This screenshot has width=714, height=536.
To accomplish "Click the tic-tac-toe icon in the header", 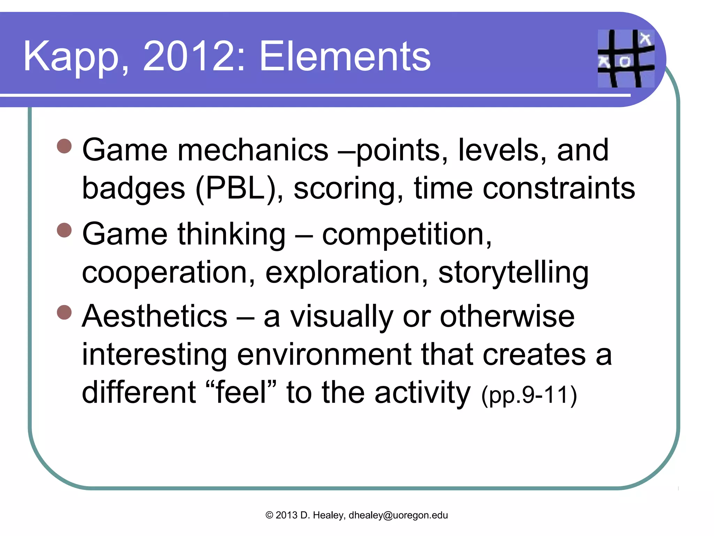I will (x=626, y=59).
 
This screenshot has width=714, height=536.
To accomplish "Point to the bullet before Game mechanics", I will (x=64, y=146).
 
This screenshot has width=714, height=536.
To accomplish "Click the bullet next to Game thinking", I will (x=64, y=230).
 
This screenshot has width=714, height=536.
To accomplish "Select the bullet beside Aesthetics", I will (x=64, y=312).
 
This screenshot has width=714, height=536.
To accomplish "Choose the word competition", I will (x=407, y=234).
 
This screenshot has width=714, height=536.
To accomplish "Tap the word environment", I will (x=324, y=355).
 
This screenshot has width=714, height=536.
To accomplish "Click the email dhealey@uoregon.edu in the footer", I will (x=398, y=515).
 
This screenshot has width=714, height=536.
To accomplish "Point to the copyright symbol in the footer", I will (x=269, y=515).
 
